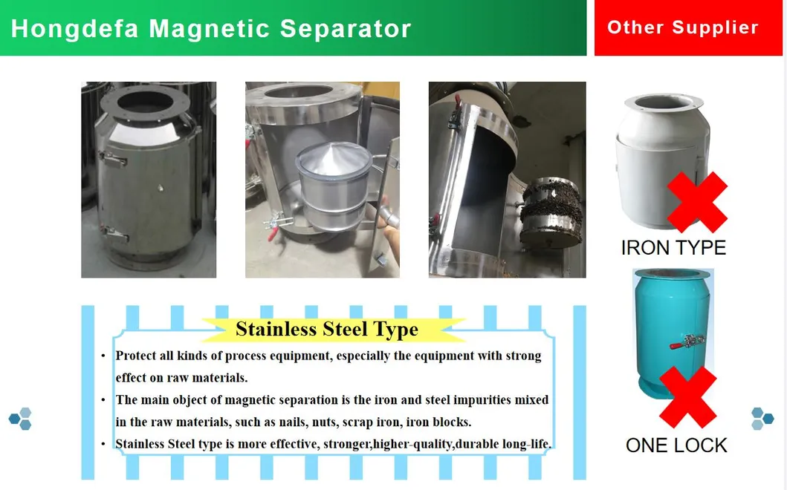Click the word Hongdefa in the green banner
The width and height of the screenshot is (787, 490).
pos(75,29)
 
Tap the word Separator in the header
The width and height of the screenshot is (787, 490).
pos(346,29)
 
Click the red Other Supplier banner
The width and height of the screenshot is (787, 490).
pos(688,27)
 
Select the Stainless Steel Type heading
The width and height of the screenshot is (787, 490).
pos(327,329)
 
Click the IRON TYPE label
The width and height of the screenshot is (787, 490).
pos(673,248)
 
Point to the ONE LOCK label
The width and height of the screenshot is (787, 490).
pos(676,445)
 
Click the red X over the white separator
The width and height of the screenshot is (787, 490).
pos(697,202)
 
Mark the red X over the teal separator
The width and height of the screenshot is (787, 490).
pos(687,397)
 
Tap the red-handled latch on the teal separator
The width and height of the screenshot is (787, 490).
pos(687,342)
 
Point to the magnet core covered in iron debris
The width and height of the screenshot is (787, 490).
pos(551,212)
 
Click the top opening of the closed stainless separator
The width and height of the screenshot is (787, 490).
pos(146,101)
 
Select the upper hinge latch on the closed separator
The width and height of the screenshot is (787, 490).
pos(113,159)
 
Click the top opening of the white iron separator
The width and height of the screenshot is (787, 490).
pos(663,102)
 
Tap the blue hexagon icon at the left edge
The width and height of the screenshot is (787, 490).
pos(21,419)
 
